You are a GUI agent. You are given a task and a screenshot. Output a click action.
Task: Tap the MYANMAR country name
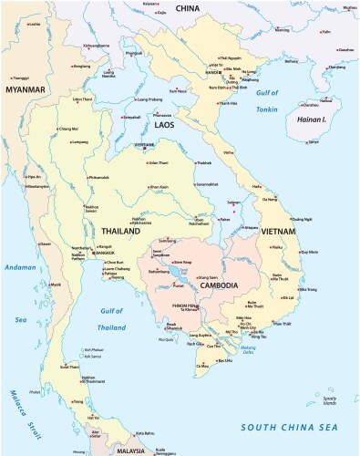(x=25, y=90)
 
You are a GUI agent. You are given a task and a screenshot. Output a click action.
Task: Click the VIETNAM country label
(x=265, y=233)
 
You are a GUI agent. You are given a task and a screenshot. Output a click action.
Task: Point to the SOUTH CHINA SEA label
(x=288, y=426)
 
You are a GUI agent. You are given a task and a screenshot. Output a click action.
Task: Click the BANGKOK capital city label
(x=115, y=252)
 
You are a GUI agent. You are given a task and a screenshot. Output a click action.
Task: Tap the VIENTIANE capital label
(x=145, y=144)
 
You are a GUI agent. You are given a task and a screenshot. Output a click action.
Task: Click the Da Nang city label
(x=270, y=198)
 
